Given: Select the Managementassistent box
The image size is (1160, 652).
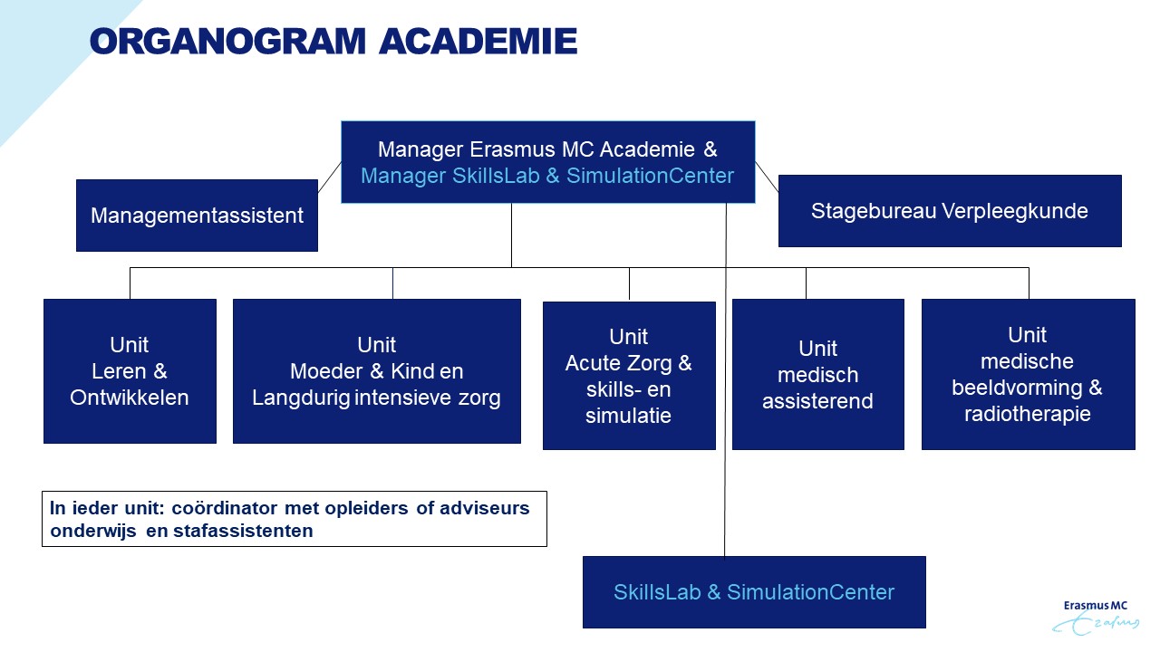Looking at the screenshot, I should point(197,216).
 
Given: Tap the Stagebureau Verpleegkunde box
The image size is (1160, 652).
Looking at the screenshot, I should point(949,211).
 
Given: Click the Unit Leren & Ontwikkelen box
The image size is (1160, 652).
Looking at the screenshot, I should point(130,371).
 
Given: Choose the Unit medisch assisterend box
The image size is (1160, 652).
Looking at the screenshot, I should point(817,374).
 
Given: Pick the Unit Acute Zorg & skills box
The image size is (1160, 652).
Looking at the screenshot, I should point(628,376).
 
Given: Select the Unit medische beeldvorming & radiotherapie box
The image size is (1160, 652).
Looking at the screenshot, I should point(1028,374).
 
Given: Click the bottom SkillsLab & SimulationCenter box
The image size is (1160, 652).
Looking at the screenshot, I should point(753,592).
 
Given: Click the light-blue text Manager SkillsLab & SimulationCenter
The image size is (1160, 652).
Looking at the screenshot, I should point(547,176).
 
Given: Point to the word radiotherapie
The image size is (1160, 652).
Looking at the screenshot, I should point(1028,415).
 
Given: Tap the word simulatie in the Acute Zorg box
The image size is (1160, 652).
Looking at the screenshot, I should point(628,417).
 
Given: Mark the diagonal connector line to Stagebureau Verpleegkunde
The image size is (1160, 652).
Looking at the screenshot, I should point(767,177).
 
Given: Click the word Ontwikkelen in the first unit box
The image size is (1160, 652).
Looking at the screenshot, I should point(130,398).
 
